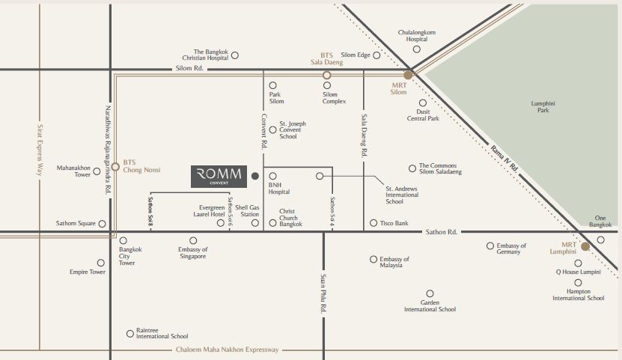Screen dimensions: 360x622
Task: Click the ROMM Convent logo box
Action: pos(219,176)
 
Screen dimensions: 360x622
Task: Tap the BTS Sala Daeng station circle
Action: pos(326,75)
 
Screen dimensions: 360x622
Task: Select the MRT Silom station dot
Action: pos(408,75)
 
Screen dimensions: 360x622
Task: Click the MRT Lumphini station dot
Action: pos(585,245)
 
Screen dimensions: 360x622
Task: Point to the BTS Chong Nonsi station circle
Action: pos(115,167)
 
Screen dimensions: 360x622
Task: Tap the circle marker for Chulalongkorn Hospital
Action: pos(416,49)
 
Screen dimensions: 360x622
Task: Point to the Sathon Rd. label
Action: pos(441,232)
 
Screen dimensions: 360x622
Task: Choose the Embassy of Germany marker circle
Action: pos(490,245)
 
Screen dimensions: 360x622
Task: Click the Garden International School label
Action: pos(430,305)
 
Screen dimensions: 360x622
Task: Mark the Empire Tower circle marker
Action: pos(101,263)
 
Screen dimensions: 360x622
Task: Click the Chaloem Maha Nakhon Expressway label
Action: pos(227,350)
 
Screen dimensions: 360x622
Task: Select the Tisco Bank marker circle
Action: pos(373,223)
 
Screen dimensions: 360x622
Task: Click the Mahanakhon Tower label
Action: pos(73,171)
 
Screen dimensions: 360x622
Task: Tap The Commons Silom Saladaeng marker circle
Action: pos(412,168)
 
